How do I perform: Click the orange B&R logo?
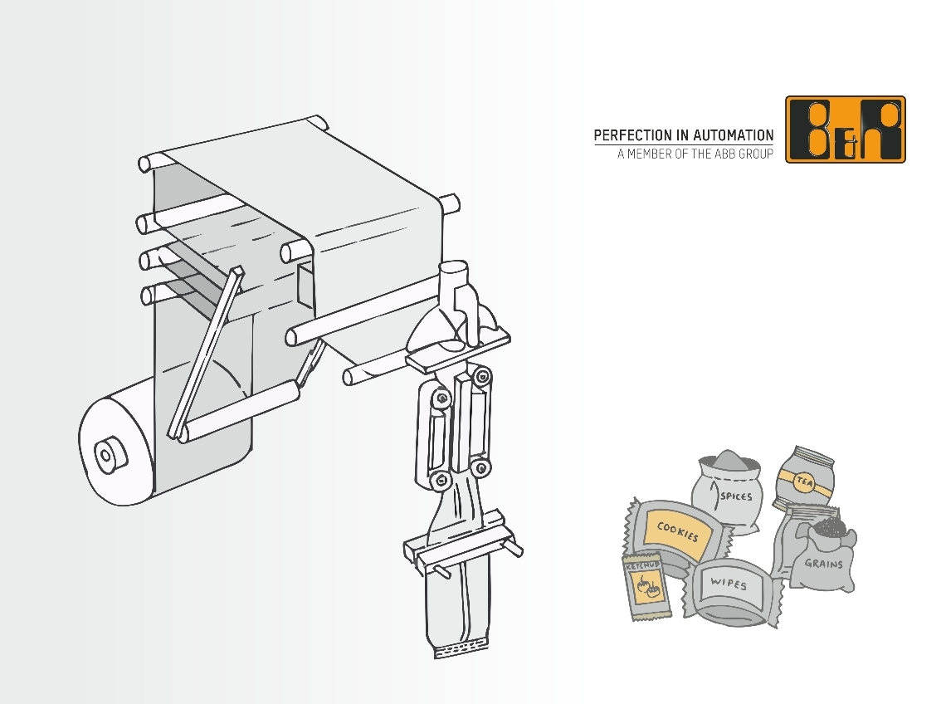(846, 130)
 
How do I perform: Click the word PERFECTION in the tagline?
(633, 135)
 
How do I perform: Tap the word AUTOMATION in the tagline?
(733, 135)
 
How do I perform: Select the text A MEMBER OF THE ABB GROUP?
(695, 154)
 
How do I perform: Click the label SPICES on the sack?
(736, 496)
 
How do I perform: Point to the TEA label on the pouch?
(803, 482)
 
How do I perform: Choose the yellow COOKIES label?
(677, 531)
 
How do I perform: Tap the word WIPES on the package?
(729, 583)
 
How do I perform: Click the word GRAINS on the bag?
(823, 564)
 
